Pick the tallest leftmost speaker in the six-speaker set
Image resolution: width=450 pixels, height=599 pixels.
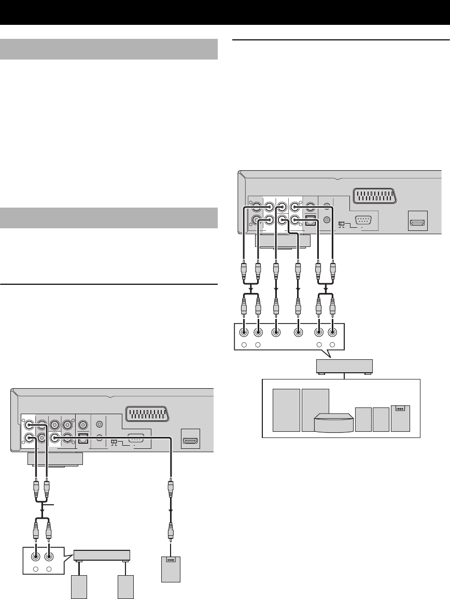285,410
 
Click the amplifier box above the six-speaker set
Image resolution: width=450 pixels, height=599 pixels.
344,367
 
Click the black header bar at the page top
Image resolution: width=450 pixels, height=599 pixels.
225,12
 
